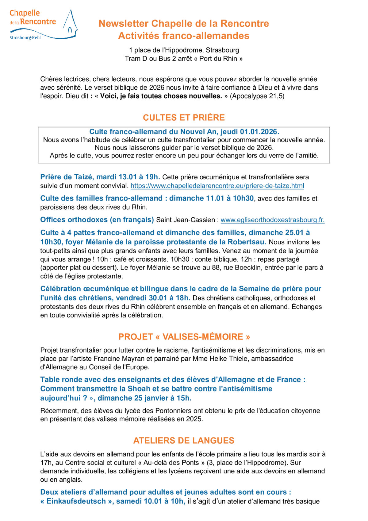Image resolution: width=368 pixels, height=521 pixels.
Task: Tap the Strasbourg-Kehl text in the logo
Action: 25,38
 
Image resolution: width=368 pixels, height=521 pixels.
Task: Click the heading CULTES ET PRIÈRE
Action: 184,118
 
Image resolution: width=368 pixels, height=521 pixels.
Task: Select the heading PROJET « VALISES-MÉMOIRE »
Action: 184,337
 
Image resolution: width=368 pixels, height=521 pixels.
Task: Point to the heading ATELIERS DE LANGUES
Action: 184,441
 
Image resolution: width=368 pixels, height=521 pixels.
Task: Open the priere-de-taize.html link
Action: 217,186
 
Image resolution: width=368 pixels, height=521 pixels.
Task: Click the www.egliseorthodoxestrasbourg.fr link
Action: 272,220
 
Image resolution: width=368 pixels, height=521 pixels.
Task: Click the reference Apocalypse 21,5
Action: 257,96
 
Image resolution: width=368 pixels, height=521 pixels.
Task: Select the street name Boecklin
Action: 247,268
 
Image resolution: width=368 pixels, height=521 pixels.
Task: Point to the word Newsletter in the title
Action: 124,23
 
